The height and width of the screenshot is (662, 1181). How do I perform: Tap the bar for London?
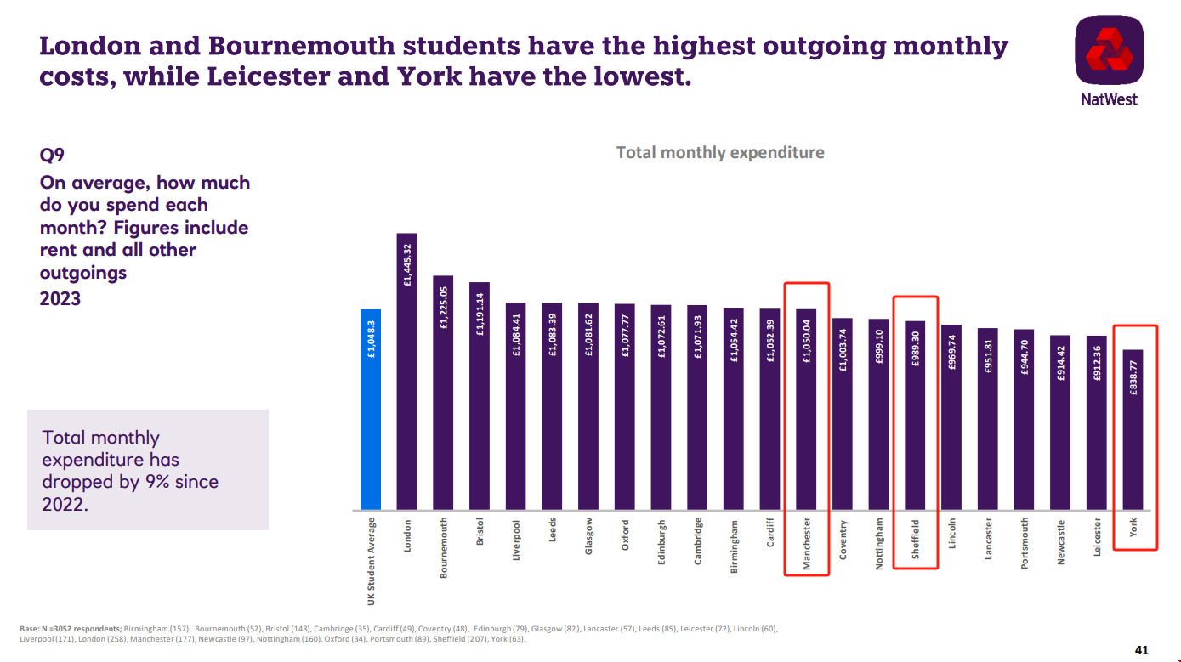pos(407,374)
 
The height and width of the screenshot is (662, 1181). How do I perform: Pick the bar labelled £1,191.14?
pos(480,396)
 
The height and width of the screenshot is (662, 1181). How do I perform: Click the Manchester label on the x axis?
pos(807,545)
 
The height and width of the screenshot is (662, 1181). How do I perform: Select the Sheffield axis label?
pos(916,539)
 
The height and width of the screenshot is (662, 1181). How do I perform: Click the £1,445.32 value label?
pos(407,265)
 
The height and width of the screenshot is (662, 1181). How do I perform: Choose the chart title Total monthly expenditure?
pos(720,153)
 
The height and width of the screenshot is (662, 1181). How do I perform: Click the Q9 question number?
pos(52,155)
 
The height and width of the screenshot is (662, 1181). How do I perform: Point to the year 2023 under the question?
pos(60,298)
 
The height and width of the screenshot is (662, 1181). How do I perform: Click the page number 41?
pos(1142,650)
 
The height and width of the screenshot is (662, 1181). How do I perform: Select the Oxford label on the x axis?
pos(625,535)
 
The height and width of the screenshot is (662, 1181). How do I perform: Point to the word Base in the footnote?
pos(29,629)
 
